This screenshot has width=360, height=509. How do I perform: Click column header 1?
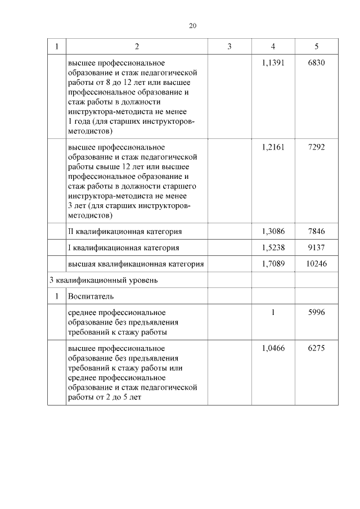(x=56, y=46)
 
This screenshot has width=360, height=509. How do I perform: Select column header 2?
(x=137, y=46)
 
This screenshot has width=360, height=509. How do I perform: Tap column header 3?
(x=229, y=46)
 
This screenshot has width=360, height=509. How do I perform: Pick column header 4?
(x=273, y=46)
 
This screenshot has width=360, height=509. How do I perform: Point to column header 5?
(x=317, y=46)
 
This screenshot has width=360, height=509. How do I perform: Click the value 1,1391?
(x=273, y=63)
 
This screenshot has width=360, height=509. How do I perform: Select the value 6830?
(x=317, y=63)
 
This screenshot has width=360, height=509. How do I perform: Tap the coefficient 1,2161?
(x=273, y=147)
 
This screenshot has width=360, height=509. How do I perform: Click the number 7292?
(x=317, y=147)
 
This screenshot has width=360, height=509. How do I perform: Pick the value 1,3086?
(x=273, y=231)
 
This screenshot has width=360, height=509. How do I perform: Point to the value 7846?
(x=317, y=231)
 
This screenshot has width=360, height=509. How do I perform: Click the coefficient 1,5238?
(x=273, y=247)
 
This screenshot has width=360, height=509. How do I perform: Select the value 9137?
(x=317, y=247)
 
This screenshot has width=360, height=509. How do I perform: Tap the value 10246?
(x=317, y=264)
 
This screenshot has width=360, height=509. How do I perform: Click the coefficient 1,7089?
(x=273, y=264)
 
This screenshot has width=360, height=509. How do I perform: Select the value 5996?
(x=317, y=312)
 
